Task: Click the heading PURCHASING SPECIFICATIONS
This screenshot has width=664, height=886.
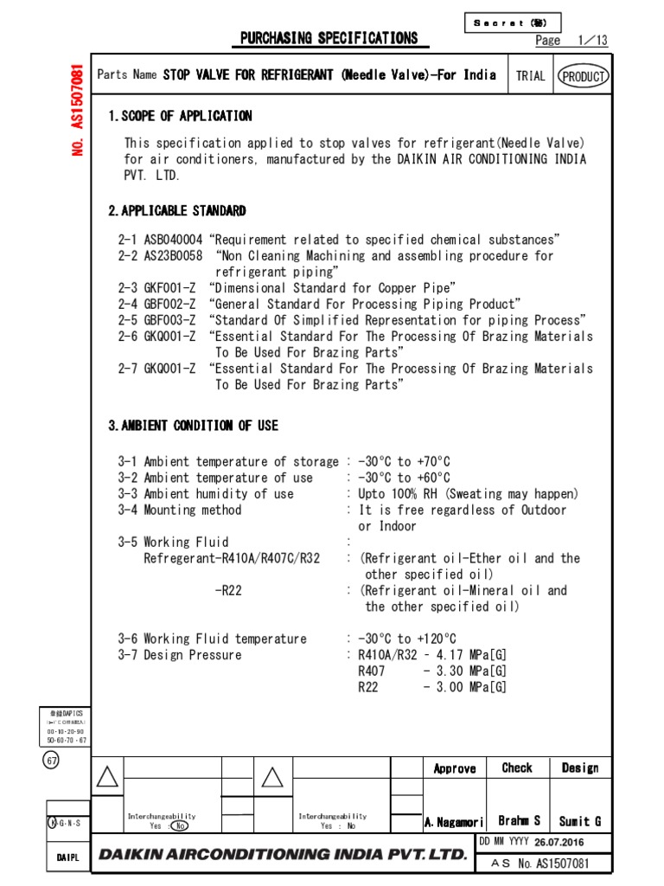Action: (x=329, y=38)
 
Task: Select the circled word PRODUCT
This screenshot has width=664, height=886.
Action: (x=584, y=76)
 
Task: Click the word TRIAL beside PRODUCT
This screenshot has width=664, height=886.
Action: (x=531, y=76)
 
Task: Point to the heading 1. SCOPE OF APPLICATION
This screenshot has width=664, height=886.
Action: (x=180, y=116)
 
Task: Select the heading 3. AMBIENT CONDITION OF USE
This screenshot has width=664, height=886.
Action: (x=193, y=426)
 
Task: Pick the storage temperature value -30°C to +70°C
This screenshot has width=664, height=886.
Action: (x=404, y=462)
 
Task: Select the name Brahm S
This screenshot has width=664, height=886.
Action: (x=520, y=820)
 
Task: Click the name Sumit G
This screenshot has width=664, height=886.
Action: (x=579, y=821)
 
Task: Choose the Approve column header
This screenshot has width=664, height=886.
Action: (x=455, y=768)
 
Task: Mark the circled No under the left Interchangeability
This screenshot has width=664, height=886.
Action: (x=179, y=825)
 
